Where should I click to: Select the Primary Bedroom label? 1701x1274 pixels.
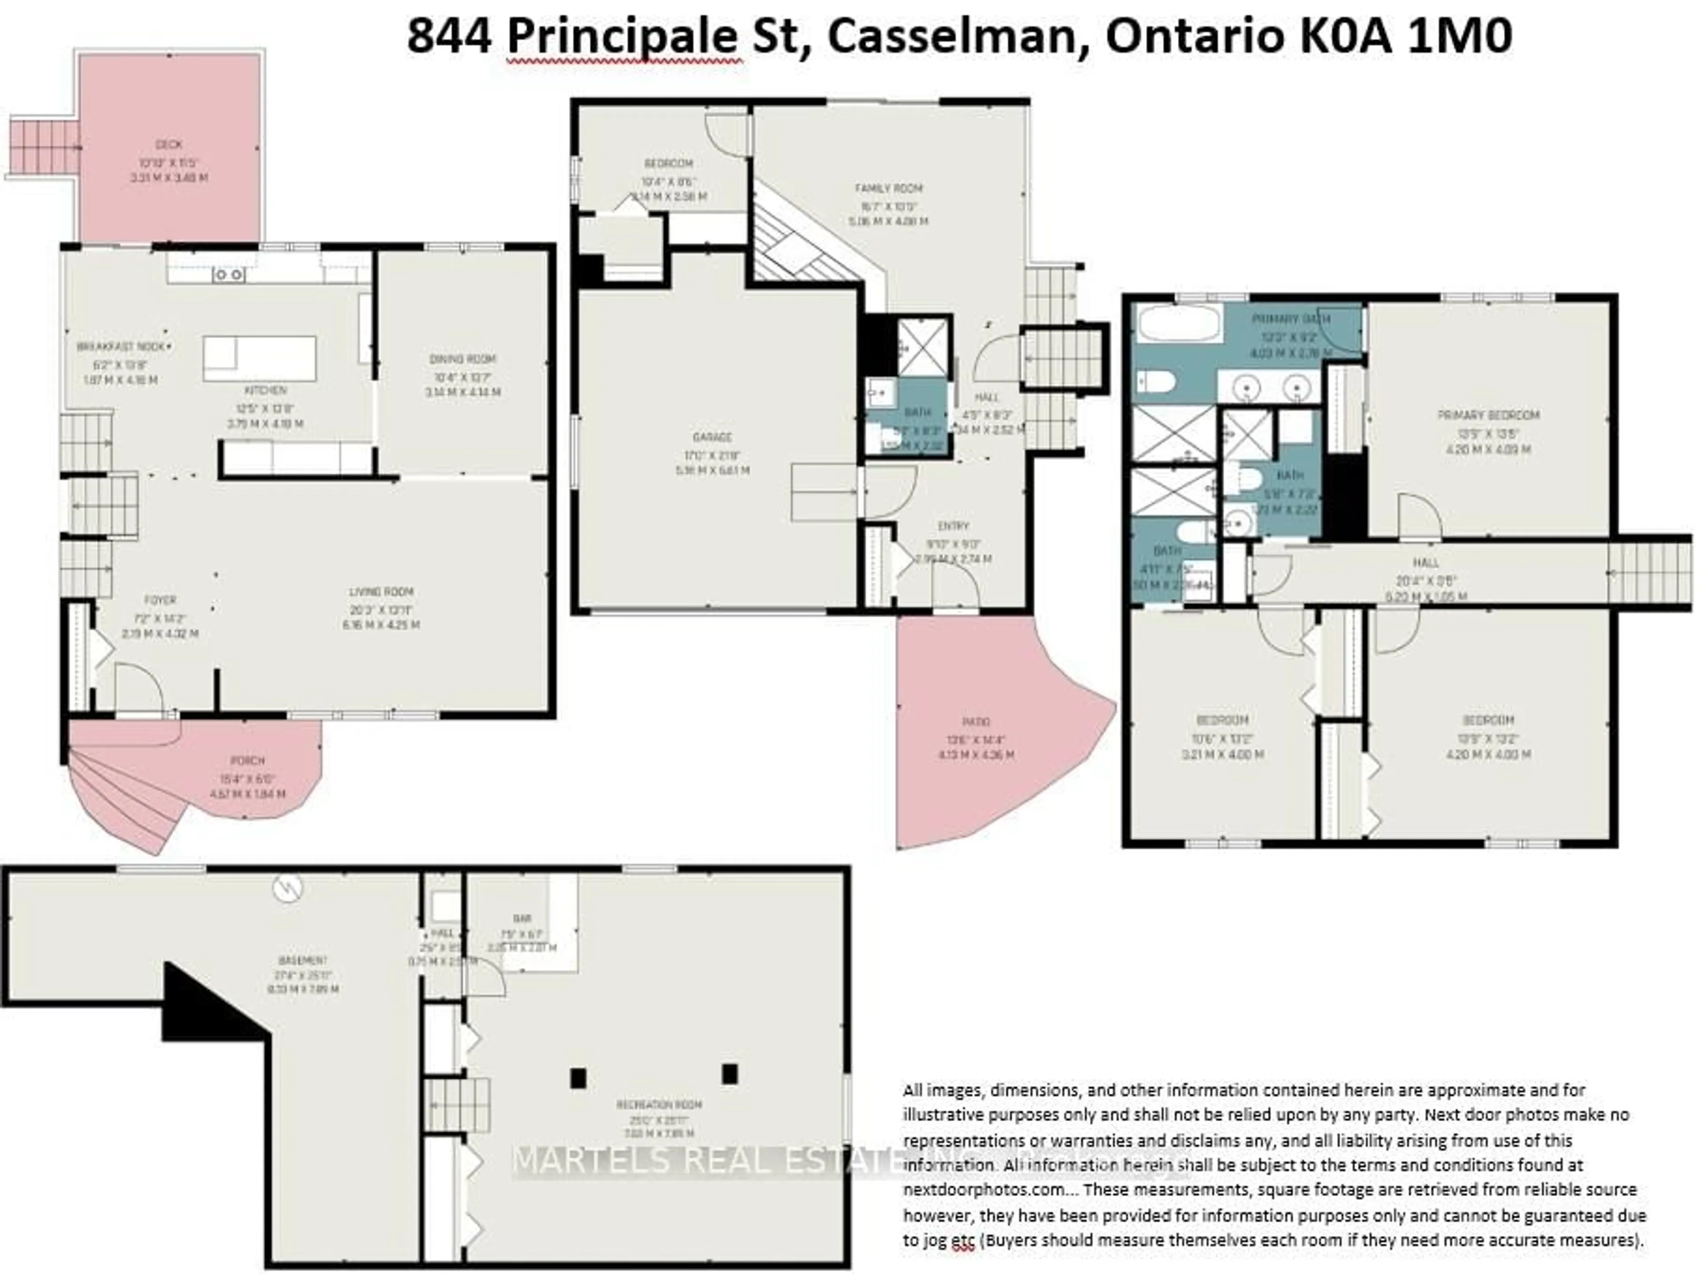coord(1488,415)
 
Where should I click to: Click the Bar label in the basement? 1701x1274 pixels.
coord(522,918)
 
